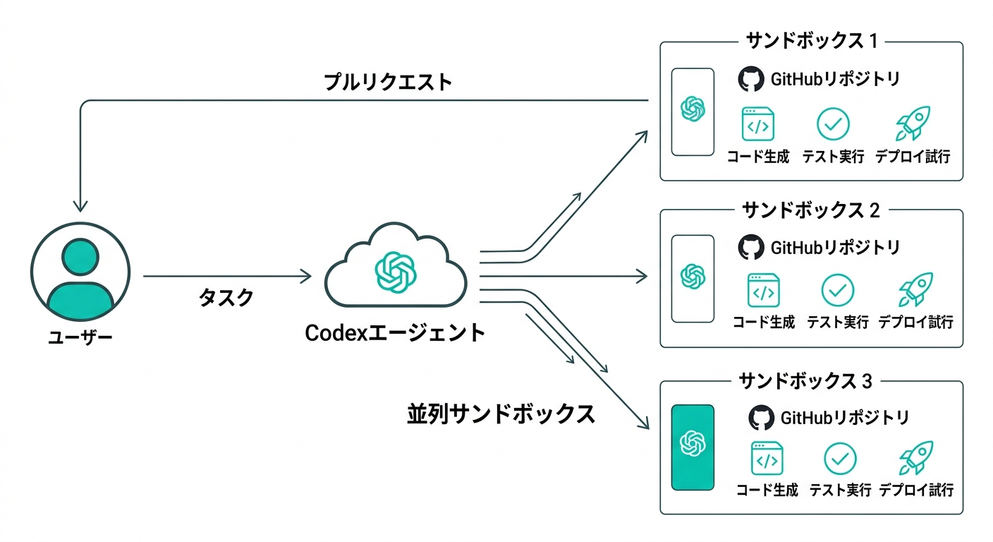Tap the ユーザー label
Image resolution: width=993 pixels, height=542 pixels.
80,338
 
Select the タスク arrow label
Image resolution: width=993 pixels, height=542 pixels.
226,297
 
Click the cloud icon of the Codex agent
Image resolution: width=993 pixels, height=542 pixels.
396,268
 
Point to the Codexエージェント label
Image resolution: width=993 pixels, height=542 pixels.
395,332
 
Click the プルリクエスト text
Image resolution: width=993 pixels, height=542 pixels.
388,82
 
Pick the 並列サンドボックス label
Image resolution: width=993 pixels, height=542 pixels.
501,414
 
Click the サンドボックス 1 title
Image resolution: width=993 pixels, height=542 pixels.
811,41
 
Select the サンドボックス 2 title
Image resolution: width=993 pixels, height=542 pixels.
811,210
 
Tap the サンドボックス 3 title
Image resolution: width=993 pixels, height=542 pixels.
805,382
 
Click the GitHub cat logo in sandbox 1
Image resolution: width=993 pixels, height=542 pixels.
751,80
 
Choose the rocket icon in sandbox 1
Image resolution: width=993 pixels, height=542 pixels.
913,124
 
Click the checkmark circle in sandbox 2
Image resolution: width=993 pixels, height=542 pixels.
838,289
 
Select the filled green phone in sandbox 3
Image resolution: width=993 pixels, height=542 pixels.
693,447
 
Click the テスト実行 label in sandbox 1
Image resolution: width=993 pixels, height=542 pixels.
833,157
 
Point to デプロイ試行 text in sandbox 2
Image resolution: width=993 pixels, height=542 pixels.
915,323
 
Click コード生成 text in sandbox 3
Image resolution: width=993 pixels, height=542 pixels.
767,490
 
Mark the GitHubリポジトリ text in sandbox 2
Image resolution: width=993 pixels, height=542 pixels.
835,248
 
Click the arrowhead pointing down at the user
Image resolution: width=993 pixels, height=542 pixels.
81,205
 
